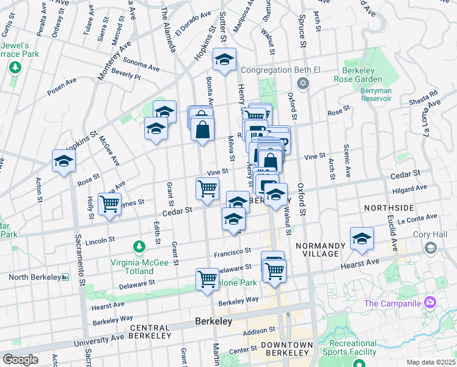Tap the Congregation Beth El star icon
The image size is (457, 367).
[x=301, y=83]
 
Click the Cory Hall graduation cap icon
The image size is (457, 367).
[x=431, y=248]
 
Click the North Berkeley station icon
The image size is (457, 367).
[x=65, y=277]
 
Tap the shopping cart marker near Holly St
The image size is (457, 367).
[x=110, y=204]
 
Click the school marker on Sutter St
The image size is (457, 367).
[x=224, y=60]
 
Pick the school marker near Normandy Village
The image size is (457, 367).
[x=361, y=239]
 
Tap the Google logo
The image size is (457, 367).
[x=20, y=360]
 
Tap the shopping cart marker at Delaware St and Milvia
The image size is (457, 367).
[x=207, y=278]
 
